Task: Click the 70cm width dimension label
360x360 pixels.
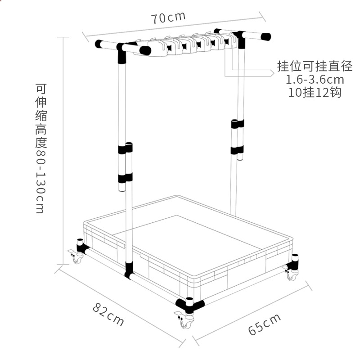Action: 168,18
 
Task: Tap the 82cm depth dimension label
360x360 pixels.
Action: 108,314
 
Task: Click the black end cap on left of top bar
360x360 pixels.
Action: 99,45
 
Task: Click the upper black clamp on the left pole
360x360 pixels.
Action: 126,149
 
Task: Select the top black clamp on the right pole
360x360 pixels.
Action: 237,123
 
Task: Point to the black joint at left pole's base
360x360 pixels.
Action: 129,270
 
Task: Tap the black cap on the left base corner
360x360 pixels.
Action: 81,245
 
